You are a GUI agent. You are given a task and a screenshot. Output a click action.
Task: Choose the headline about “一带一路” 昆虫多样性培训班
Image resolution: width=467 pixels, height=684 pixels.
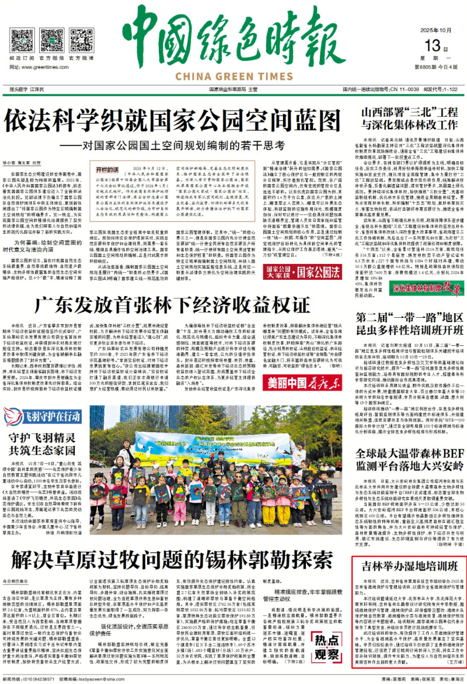(410, 322)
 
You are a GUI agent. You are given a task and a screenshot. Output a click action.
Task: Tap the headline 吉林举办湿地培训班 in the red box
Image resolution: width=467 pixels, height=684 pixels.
(410, 567)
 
